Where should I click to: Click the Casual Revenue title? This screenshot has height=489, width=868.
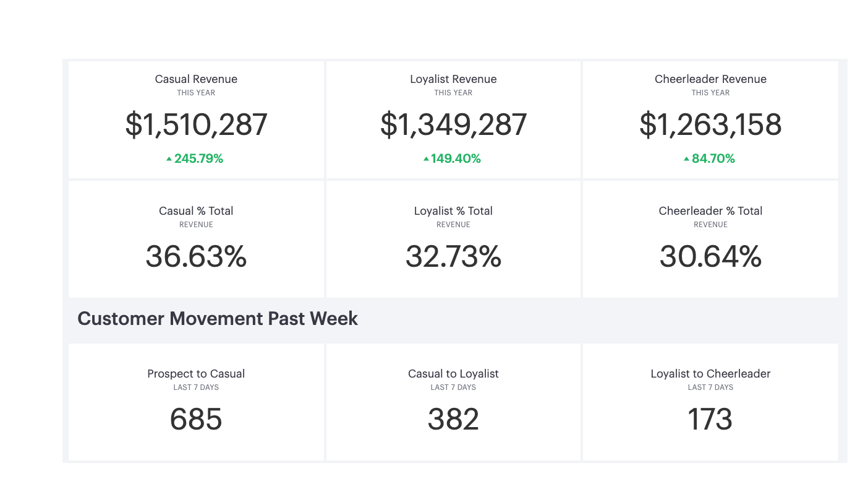point(196,79)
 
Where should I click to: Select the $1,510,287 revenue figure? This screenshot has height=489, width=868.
point(196,124)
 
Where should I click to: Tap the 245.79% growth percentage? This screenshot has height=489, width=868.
point(198,158)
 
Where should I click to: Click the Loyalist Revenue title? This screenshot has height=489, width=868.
point(453,79)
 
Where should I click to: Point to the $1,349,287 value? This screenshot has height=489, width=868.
point(453,124)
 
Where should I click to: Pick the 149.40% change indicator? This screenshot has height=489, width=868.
point(456,158)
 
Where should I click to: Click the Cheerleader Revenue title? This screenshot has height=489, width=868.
point(710,79)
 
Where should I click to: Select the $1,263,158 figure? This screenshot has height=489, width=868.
point(710,124)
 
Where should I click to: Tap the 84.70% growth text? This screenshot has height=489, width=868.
point(713,158)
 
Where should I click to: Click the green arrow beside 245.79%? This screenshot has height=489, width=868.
point(169,159)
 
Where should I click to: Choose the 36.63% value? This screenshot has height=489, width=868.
point(196,256)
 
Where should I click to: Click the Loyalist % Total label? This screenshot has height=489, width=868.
point(453,211)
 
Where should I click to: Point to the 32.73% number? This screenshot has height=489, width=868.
point(453,256)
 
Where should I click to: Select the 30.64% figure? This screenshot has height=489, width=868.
point(710,256)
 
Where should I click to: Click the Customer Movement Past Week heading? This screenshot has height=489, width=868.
point(218,319)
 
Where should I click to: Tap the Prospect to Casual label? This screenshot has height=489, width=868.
point(196,374)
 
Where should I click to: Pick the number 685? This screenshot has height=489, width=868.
point(196,420)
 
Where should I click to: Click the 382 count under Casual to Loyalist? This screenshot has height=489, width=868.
point(453,420)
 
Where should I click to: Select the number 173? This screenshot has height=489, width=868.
point(710,420)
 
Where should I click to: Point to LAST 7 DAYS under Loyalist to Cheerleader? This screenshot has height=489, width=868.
point(710,387)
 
